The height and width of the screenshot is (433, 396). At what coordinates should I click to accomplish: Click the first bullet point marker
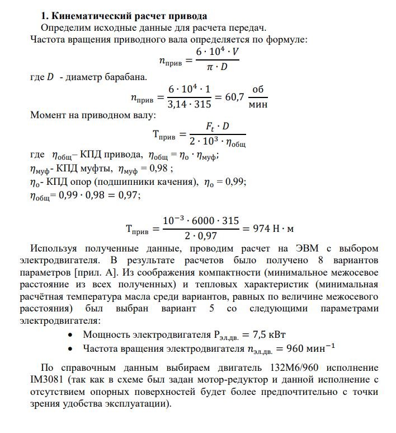click(x=69, y=335)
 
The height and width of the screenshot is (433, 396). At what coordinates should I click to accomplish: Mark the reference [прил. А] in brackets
click(x=100, y=273)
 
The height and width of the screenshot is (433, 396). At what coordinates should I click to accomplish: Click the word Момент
click(x=48, y=116)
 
